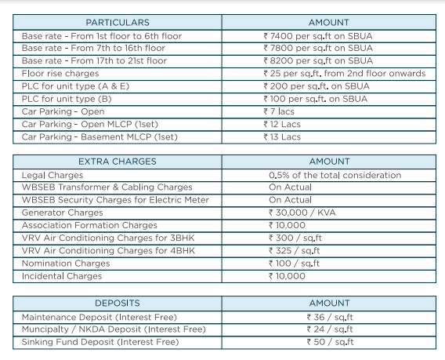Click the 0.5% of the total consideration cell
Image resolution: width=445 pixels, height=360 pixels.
(335, 175)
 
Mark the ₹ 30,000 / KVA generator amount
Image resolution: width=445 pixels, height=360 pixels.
(301, 213)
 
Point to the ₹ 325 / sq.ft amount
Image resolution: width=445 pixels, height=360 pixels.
(296, 251)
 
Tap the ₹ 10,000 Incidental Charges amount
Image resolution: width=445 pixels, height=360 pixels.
(288, 277)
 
